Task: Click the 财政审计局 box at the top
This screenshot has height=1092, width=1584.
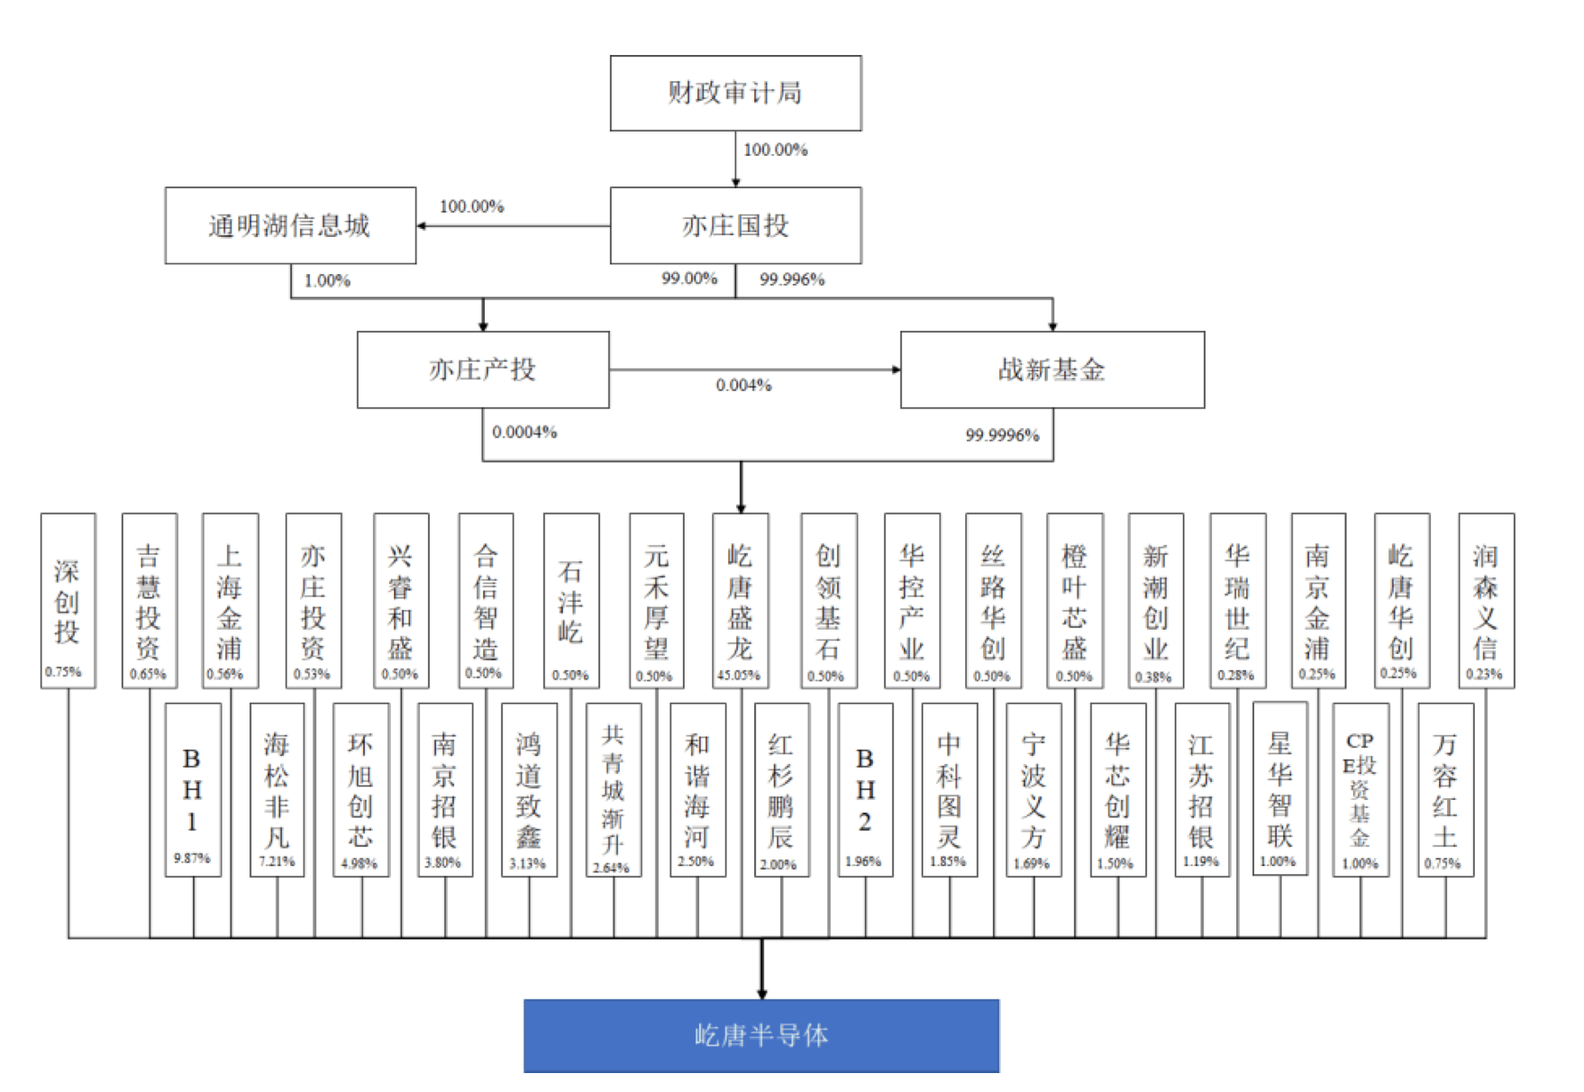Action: pos(735,93)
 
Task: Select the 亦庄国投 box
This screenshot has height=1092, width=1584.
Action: pos(735,225)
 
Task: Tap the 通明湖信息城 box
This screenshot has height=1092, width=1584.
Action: pos(290,225)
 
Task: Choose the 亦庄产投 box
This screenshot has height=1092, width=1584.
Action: pos(483,369)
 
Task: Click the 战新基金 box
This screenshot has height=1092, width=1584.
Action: pos(1051,369)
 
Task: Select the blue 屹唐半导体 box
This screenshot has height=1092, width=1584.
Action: pos(761,1035)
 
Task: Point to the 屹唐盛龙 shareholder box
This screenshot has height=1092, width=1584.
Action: pos(740,600)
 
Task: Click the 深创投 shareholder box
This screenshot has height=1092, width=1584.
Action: pos(68,600)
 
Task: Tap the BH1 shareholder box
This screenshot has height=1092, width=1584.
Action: pos(193,789)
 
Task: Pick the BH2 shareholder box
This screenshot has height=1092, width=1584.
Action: pos(865,789)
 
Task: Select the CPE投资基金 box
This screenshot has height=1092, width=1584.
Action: pos(1361,789)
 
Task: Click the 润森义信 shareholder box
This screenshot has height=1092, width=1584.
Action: pos(1486,600)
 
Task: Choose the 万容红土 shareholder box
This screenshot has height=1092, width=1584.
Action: pos(1445,789)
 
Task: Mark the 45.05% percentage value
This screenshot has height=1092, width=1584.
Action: pos(739,675)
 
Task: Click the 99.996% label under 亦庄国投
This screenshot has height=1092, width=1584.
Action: pos(792,279)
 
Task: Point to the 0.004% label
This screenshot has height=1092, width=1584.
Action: pos(743,386)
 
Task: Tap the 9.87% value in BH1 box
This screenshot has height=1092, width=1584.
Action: pos(192,859)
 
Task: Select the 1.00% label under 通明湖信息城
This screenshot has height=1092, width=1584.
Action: pos(327,281)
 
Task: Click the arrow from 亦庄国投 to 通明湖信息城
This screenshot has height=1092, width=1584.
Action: pos(514,225)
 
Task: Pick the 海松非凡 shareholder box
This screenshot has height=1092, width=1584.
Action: pos(277,789)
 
